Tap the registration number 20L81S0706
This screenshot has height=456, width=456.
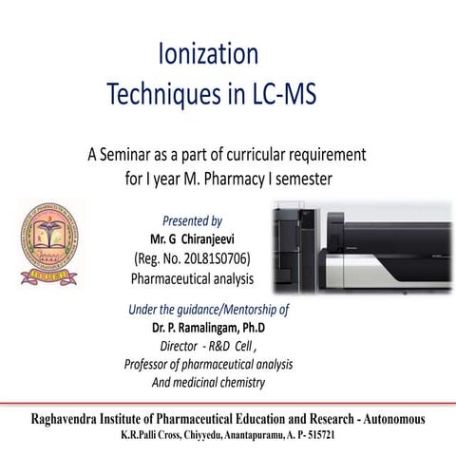(x=210, y=257)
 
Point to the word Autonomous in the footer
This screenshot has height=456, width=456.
(x=388, y=419)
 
